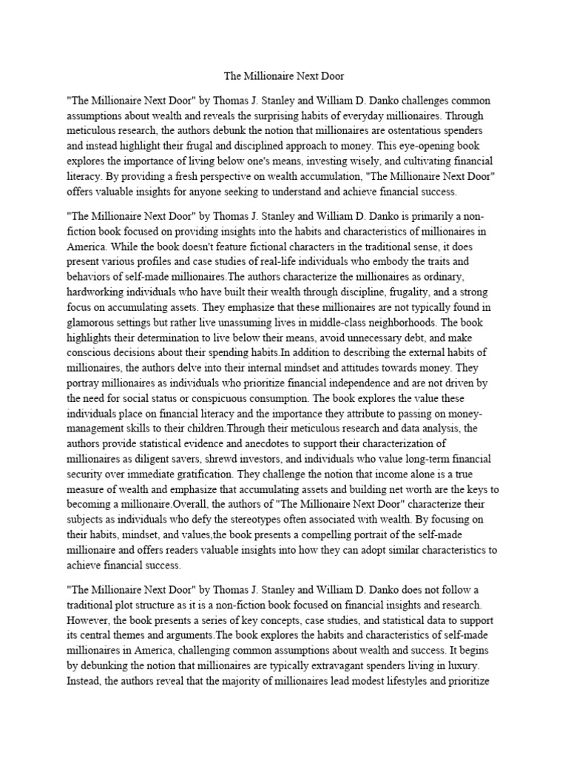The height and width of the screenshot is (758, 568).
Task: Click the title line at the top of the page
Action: point(283,76)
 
